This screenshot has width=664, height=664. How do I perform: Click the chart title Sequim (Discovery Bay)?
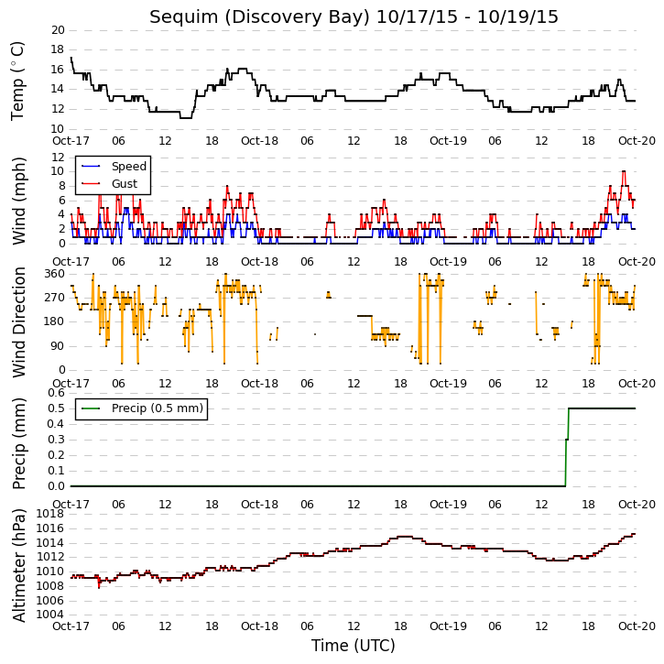[x=259, y=17]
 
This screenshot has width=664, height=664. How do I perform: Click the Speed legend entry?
[x=114, y=167]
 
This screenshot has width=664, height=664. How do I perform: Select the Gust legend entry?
[x=109, y=184]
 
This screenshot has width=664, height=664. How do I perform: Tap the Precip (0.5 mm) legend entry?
[x=142, y=408]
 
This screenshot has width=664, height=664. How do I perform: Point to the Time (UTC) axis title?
[x=354, y=646]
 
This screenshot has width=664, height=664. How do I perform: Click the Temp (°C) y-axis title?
[x=17, y=82]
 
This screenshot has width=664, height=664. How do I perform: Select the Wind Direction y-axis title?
[x=18, y=322]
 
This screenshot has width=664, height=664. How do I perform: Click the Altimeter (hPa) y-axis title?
[x=18, y=565]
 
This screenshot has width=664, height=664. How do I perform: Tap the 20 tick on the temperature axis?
[x=58, y=30]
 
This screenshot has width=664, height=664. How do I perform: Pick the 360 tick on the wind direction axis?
[x=55, y=274]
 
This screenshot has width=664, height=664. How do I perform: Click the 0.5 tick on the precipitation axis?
[x=56, y=408]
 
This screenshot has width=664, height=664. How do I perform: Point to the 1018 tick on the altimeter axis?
[x=50, y=514]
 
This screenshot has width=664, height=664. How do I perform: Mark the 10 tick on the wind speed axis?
[x=58, y=171]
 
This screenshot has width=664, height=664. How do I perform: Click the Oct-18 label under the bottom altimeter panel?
[x=259, y=626]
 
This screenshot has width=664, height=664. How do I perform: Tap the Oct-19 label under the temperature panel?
[x=448, y=141]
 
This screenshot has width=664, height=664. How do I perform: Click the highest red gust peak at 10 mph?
[x=624, y=171]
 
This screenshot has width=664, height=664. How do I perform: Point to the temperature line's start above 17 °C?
[x=71, y=58]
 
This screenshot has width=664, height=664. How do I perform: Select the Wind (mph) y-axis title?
[x=18, y=201]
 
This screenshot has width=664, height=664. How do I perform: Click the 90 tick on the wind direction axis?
[x=58, y=346]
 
